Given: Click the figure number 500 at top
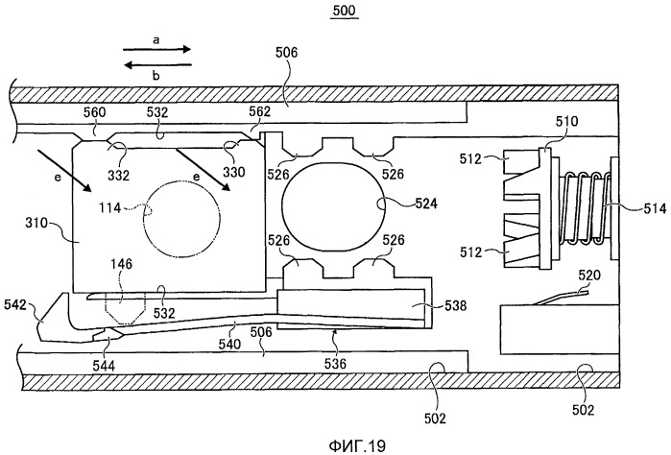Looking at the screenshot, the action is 345,11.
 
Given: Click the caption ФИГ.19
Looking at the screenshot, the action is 358,445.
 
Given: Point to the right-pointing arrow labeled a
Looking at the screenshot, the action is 156,49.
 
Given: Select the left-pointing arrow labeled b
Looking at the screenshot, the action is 157,65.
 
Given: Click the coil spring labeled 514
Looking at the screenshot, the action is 585,207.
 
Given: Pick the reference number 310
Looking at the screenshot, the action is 37,223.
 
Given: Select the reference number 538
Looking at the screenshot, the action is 455,305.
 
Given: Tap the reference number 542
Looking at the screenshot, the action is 15,304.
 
